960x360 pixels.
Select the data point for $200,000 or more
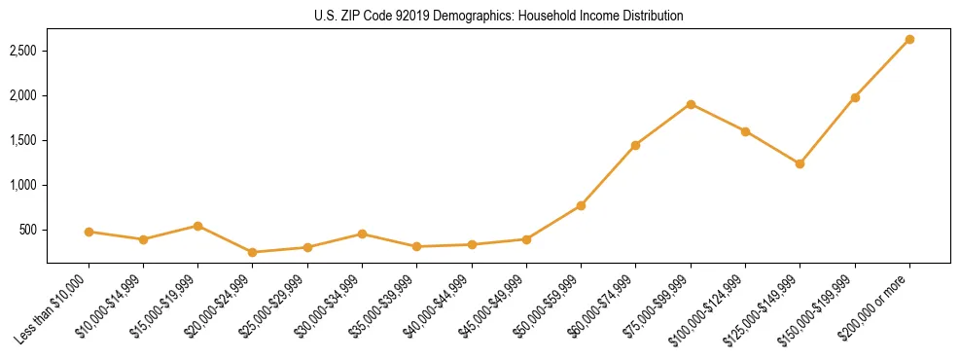(x=909, y=40)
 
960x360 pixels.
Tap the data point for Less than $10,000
(x=89, y=232)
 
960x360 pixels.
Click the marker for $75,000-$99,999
(x=691, y=104)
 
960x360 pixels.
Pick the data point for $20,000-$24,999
(x=253, y=252)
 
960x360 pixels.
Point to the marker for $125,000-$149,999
(x=800, y=163)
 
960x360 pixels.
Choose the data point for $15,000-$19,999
(x=198, y=226)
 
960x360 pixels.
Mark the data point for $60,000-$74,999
(x=635, y=145)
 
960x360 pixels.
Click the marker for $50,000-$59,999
(x=581, y=205)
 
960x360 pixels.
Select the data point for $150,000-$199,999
(x=855, y=97)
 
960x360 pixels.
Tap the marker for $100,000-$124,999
(x=745, y=131)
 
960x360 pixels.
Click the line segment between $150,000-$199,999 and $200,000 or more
(x=882, y=69)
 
